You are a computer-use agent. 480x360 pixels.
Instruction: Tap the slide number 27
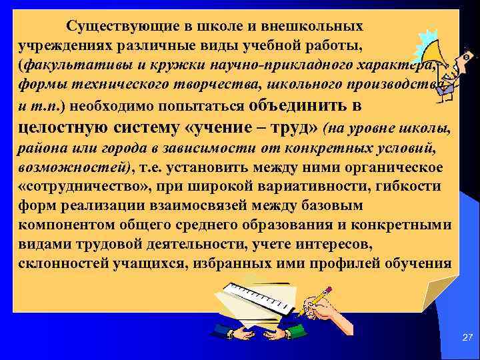pos(467,339)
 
